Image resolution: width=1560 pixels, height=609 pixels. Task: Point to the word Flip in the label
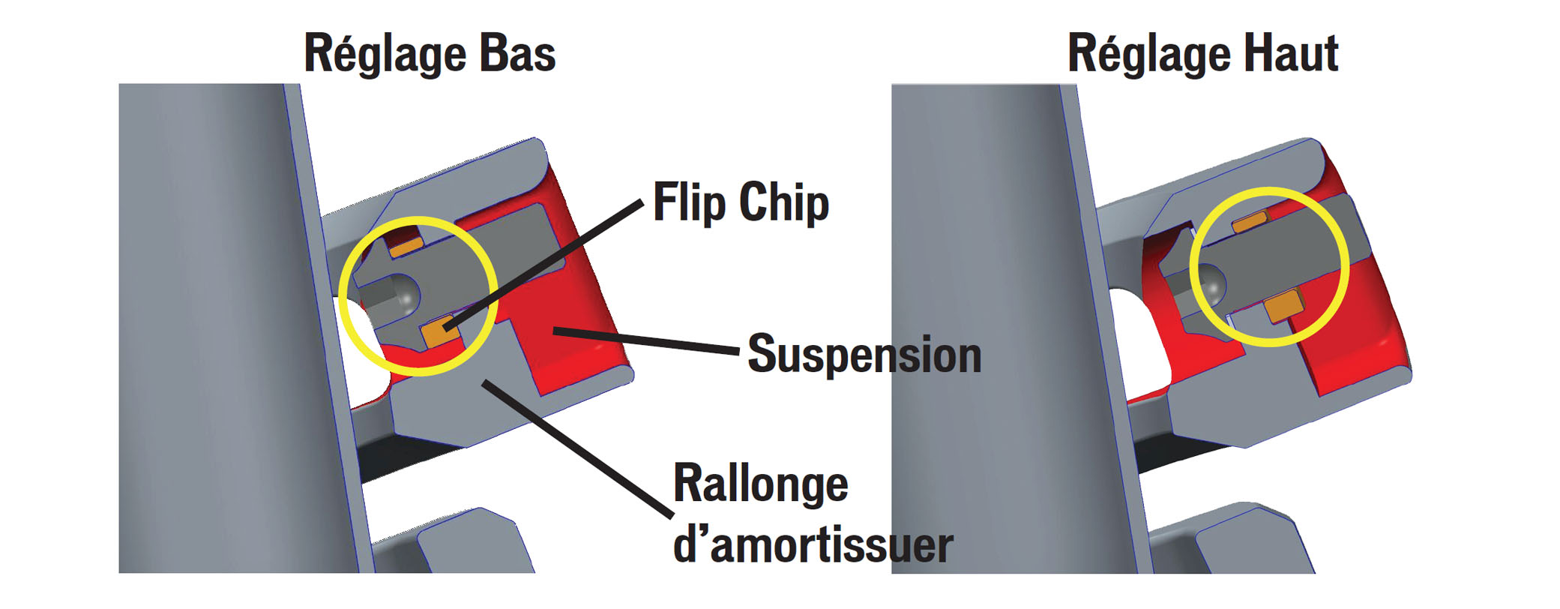click(x=689, y=202)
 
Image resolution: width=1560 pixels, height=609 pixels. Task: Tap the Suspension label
click(x=864, y=354)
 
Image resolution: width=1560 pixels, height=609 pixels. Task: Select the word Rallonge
click(x=760, y=484)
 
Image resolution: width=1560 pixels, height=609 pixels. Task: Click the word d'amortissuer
click(x=813, y=545)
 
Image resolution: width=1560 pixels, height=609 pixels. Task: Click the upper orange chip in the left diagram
click(x=406, y=245)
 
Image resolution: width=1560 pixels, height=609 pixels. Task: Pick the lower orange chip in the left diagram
click(x=439, y=330)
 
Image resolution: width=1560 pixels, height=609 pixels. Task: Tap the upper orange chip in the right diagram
click(x=1250, y=222)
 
